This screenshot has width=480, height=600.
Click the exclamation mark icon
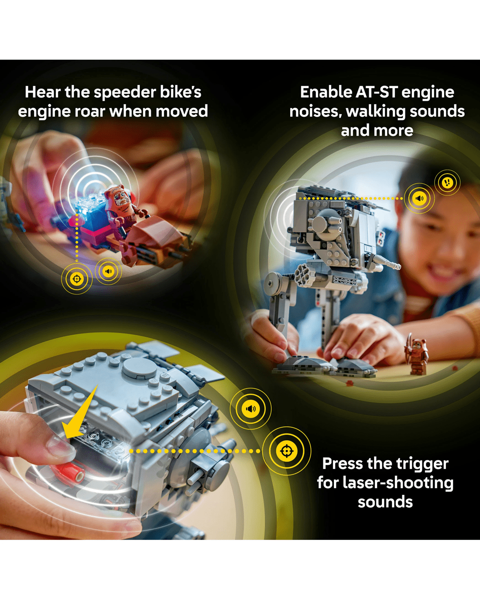coord(447,183)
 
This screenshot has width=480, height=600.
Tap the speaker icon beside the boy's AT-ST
coord(419,198)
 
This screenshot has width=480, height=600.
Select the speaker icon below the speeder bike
coord(108,271)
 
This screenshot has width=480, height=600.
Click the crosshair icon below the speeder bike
coord(77,278)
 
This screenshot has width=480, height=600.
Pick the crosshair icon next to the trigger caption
coord(286,451)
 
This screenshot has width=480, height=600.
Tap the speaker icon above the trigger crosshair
coord(250,409)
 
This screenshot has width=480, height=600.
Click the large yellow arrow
coord(79,413)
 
